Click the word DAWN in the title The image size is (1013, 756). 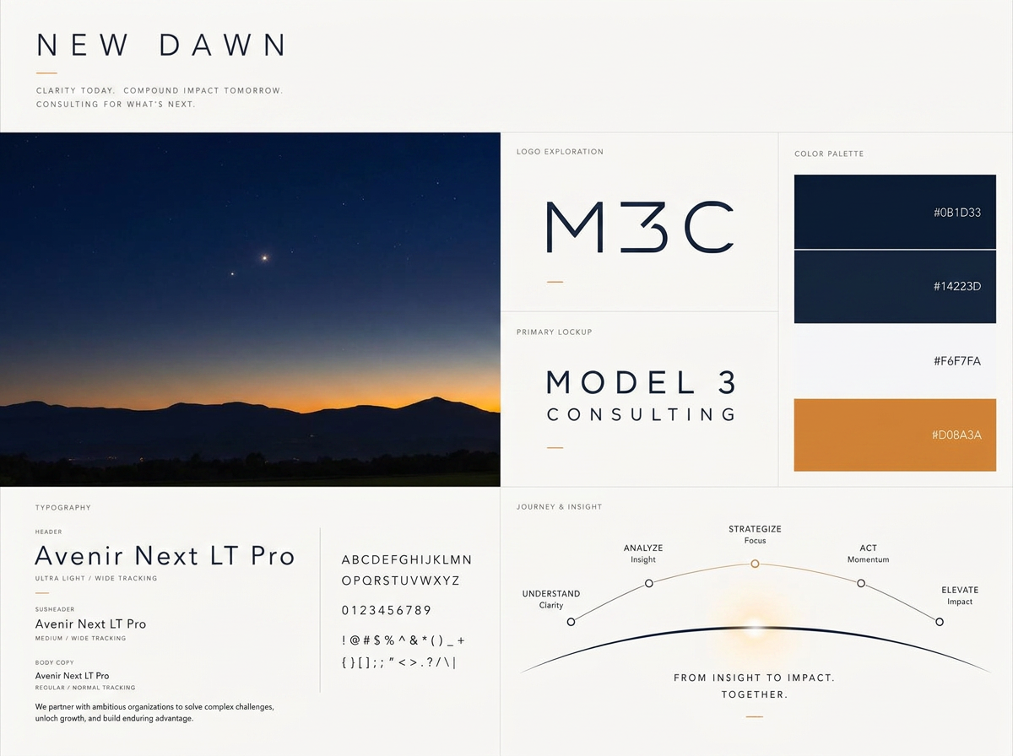click(x=224, y=46)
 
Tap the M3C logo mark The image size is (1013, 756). click(x=641, y=227)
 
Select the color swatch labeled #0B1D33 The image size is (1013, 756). click(x=895, y=212)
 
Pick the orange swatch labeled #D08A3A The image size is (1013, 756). click(x=895, y=435)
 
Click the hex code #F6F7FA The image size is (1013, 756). click(x=957, y=360)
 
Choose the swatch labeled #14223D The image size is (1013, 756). click(x=895, y=287)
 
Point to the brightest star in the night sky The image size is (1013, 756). click(x=264, y=258)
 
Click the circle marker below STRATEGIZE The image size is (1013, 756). click(x=755, y=564)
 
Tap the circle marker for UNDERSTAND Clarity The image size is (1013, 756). click(x=571, y=622)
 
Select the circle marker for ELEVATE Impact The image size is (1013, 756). click(x=940, y=622)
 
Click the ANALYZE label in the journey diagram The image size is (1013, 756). click(x=643, y=548)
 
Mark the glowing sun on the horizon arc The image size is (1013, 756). click(x=755, y=627)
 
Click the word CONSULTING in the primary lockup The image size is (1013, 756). click(x=641, y=414)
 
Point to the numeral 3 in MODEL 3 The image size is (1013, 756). click(x=727, y=382)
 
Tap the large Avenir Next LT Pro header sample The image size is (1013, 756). click(x=165, y=555)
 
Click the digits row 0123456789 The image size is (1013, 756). click(x=387, y=610)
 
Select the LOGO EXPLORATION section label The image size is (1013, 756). click(x=560, y=152)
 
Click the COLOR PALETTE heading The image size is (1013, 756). click(x=829, y=154)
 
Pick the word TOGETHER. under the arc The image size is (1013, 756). click(x=755, y=694)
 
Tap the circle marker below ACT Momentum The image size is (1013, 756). click(x=861, y=583)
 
